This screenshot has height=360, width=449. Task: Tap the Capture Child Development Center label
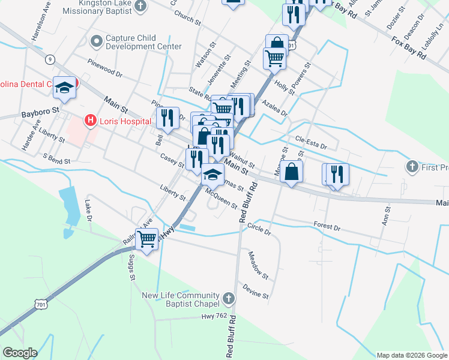pos(143,42)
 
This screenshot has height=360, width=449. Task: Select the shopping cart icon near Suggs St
pos(147,238)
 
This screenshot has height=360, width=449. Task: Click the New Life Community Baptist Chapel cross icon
pos(228,298)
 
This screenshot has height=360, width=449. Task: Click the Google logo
pos(20,352)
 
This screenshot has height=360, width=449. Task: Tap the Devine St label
pos(256,291)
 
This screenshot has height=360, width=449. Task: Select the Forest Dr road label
pos(327,227)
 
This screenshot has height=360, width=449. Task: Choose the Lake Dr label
pos(88,210)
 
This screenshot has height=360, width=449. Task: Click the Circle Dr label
pos(259,229)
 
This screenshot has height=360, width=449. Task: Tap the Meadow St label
pos(259,265)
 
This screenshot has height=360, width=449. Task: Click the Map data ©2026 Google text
pos(411,355)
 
